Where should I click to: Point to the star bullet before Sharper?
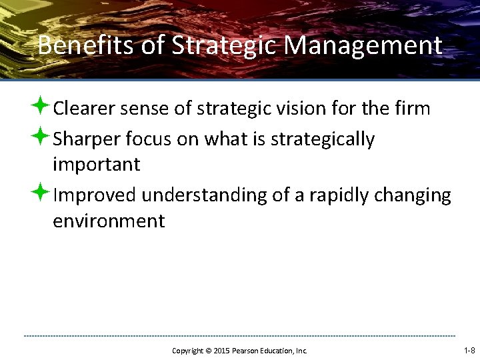pyautogui.click(x=41, y=138)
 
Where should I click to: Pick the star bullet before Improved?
pyautogui.click(x=41, y=194)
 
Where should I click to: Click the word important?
pyautogui.click(x=96, y=164)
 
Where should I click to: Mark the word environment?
pyautogui.click(x=108, y=221)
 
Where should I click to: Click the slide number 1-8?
pyautogui.click(x=469, y=350)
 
